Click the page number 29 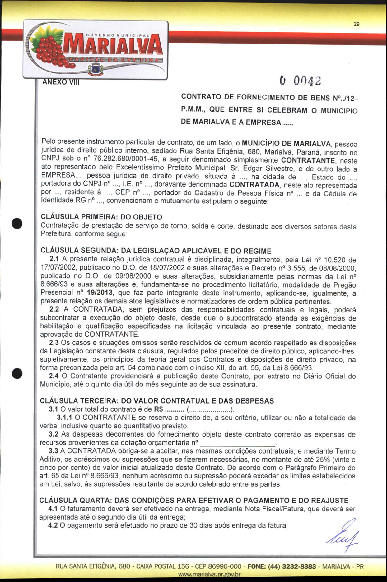point(357,24)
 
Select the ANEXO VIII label point(61,82)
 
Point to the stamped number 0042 point(301,81)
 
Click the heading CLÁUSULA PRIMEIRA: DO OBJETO point(101,217)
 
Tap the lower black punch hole point(17,373)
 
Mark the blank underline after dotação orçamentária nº point(238,443)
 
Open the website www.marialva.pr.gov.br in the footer point(209,575)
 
